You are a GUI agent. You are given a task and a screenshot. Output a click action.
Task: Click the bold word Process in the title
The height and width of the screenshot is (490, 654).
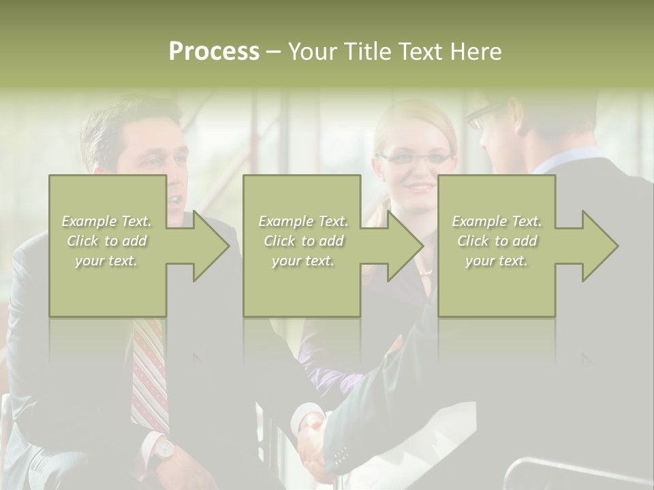(214, 52)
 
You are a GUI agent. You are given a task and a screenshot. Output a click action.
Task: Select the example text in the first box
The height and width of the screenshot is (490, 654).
(107, 241)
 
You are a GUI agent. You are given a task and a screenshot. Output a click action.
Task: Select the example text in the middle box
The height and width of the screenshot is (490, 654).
(303, 241)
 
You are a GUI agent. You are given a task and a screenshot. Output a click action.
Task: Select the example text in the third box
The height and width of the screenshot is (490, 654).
(497, 241)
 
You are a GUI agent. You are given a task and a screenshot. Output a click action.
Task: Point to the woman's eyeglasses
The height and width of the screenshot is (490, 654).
(416, 159)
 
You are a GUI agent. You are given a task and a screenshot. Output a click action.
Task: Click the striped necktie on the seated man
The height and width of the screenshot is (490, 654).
(150, 374)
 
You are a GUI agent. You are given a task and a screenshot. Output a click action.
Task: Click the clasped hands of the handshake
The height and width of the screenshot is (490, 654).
(313, 442)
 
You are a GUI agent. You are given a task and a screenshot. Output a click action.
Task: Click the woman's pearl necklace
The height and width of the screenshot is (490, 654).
(426, 272)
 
